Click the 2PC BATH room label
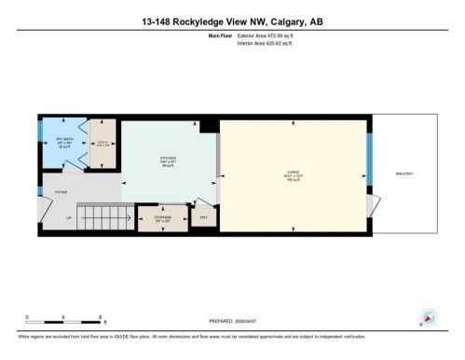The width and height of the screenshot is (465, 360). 64,140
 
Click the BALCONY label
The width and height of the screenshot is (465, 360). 403,174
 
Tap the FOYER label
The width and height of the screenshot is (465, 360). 61,192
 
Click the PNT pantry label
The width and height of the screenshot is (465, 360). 203,218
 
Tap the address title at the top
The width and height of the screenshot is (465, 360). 232,22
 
